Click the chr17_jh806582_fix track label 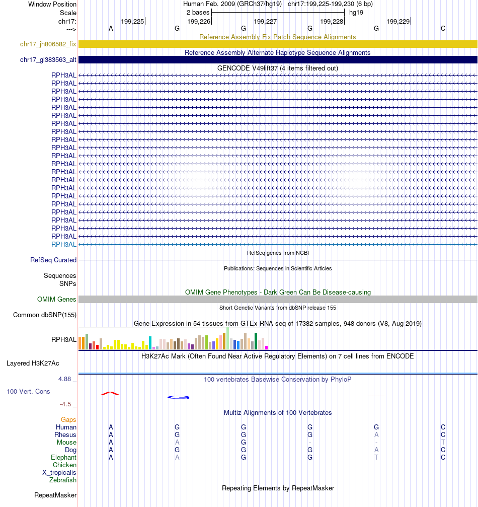[x=48, y=44]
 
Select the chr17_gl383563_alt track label [x=48, y=60]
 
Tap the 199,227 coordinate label [x=265, y=21]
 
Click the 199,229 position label [x=398, y=21]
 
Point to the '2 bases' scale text [x=198, y=12]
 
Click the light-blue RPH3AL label [x=64, y=244]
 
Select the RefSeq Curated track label [x=53, y=260]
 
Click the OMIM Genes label [x=57, y=300]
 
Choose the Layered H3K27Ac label [x=33, y=363]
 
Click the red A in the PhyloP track [x=111, y=393]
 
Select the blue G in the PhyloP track [x=178, y=397]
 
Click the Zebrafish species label [x=63, y=480]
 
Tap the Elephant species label [x=63, y=458]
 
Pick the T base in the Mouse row [x=443, y=443]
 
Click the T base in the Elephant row [x=376, y=458]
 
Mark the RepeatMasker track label [x=55, y=495]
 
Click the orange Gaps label [x=68, y=419]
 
